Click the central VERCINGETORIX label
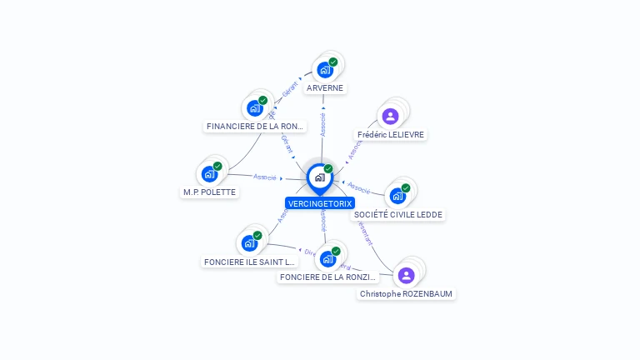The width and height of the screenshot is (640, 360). pyautogui.click(x=320, y=203)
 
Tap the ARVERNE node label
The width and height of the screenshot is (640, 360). pyautogui.click(x=324, y=87)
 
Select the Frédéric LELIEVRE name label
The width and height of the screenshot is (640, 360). pyautogui.click(x=390, y=135)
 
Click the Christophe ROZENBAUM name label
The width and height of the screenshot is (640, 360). pyautogui.click(x=407, y=294)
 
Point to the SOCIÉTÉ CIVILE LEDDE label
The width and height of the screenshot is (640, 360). pyautogui.click(x=398, y=215)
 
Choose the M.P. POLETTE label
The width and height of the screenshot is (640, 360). pyautogui.click(x=209, y=192)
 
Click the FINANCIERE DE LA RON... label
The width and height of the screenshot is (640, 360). pyautogui.click(x=256, y=127)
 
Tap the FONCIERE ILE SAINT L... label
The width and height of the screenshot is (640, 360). pyautogui.click(x=249, y=262)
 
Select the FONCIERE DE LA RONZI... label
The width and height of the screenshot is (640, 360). pyautogui.click(x=327, y=277)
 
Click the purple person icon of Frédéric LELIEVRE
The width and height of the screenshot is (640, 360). pyautogui.click(x=390, y=116)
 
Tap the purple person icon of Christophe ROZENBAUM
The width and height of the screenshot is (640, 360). pyautogui.click(x=406, y=275)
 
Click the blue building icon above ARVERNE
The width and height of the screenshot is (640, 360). pyautogui.click(x=324, y=70)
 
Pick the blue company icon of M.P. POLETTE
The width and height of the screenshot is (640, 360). pyautogui.click(x=208, y=174)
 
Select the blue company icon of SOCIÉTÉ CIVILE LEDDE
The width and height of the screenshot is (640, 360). pyautogui.click(x=397, y=196)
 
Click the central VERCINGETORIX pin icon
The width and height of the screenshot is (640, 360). pyautogui.click(x=319, y=177)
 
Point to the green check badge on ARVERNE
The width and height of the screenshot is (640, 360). pyautogui.click(x=332, y=62)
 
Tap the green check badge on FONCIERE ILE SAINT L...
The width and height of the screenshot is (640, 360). pyautogui.click(x=257, y=236)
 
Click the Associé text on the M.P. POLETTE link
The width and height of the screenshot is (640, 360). pyautogui.click(x=265, y=177)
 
